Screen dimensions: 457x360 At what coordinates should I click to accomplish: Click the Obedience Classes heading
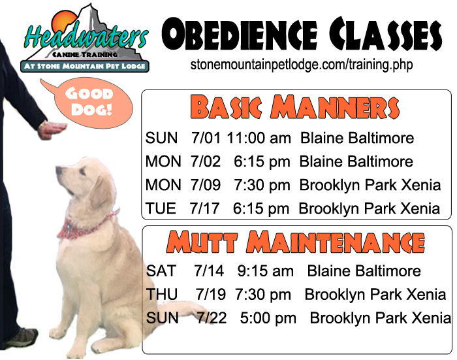pos(302,35)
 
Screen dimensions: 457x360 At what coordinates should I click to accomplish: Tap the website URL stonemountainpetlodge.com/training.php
pos(302,64)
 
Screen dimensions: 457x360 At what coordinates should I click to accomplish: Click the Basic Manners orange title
pos(294,107)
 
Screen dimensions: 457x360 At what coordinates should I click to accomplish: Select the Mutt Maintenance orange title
pos(296,242)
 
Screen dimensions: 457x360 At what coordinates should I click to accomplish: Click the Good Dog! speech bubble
pos(93,102)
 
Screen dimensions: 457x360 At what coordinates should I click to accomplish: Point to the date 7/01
pos(206,138)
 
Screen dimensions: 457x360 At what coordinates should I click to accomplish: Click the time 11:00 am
pos(259,138)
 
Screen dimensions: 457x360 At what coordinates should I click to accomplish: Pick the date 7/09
pos(206,185)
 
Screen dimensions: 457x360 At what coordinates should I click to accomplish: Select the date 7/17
pos(204,208)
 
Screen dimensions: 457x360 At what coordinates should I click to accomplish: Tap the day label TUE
pos(161,208)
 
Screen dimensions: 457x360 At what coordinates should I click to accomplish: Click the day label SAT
pos(161,270)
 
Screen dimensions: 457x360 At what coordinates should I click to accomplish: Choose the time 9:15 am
pos(266,270)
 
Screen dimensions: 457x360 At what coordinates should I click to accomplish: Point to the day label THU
pos(162,294)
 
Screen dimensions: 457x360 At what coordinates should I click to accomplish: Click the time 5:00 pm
pos(268,318)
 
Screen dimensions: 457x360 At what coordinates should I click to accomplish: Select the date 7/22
pos(212,318)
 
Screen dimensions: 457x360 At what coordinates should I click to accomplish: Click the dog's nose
pos(59,170)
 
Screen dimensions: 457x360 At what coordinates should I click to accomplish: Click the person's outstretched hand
pos(52,130)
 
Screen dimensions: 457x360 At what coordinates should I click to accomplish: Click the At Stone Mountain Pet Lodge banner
pos(84,66)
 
